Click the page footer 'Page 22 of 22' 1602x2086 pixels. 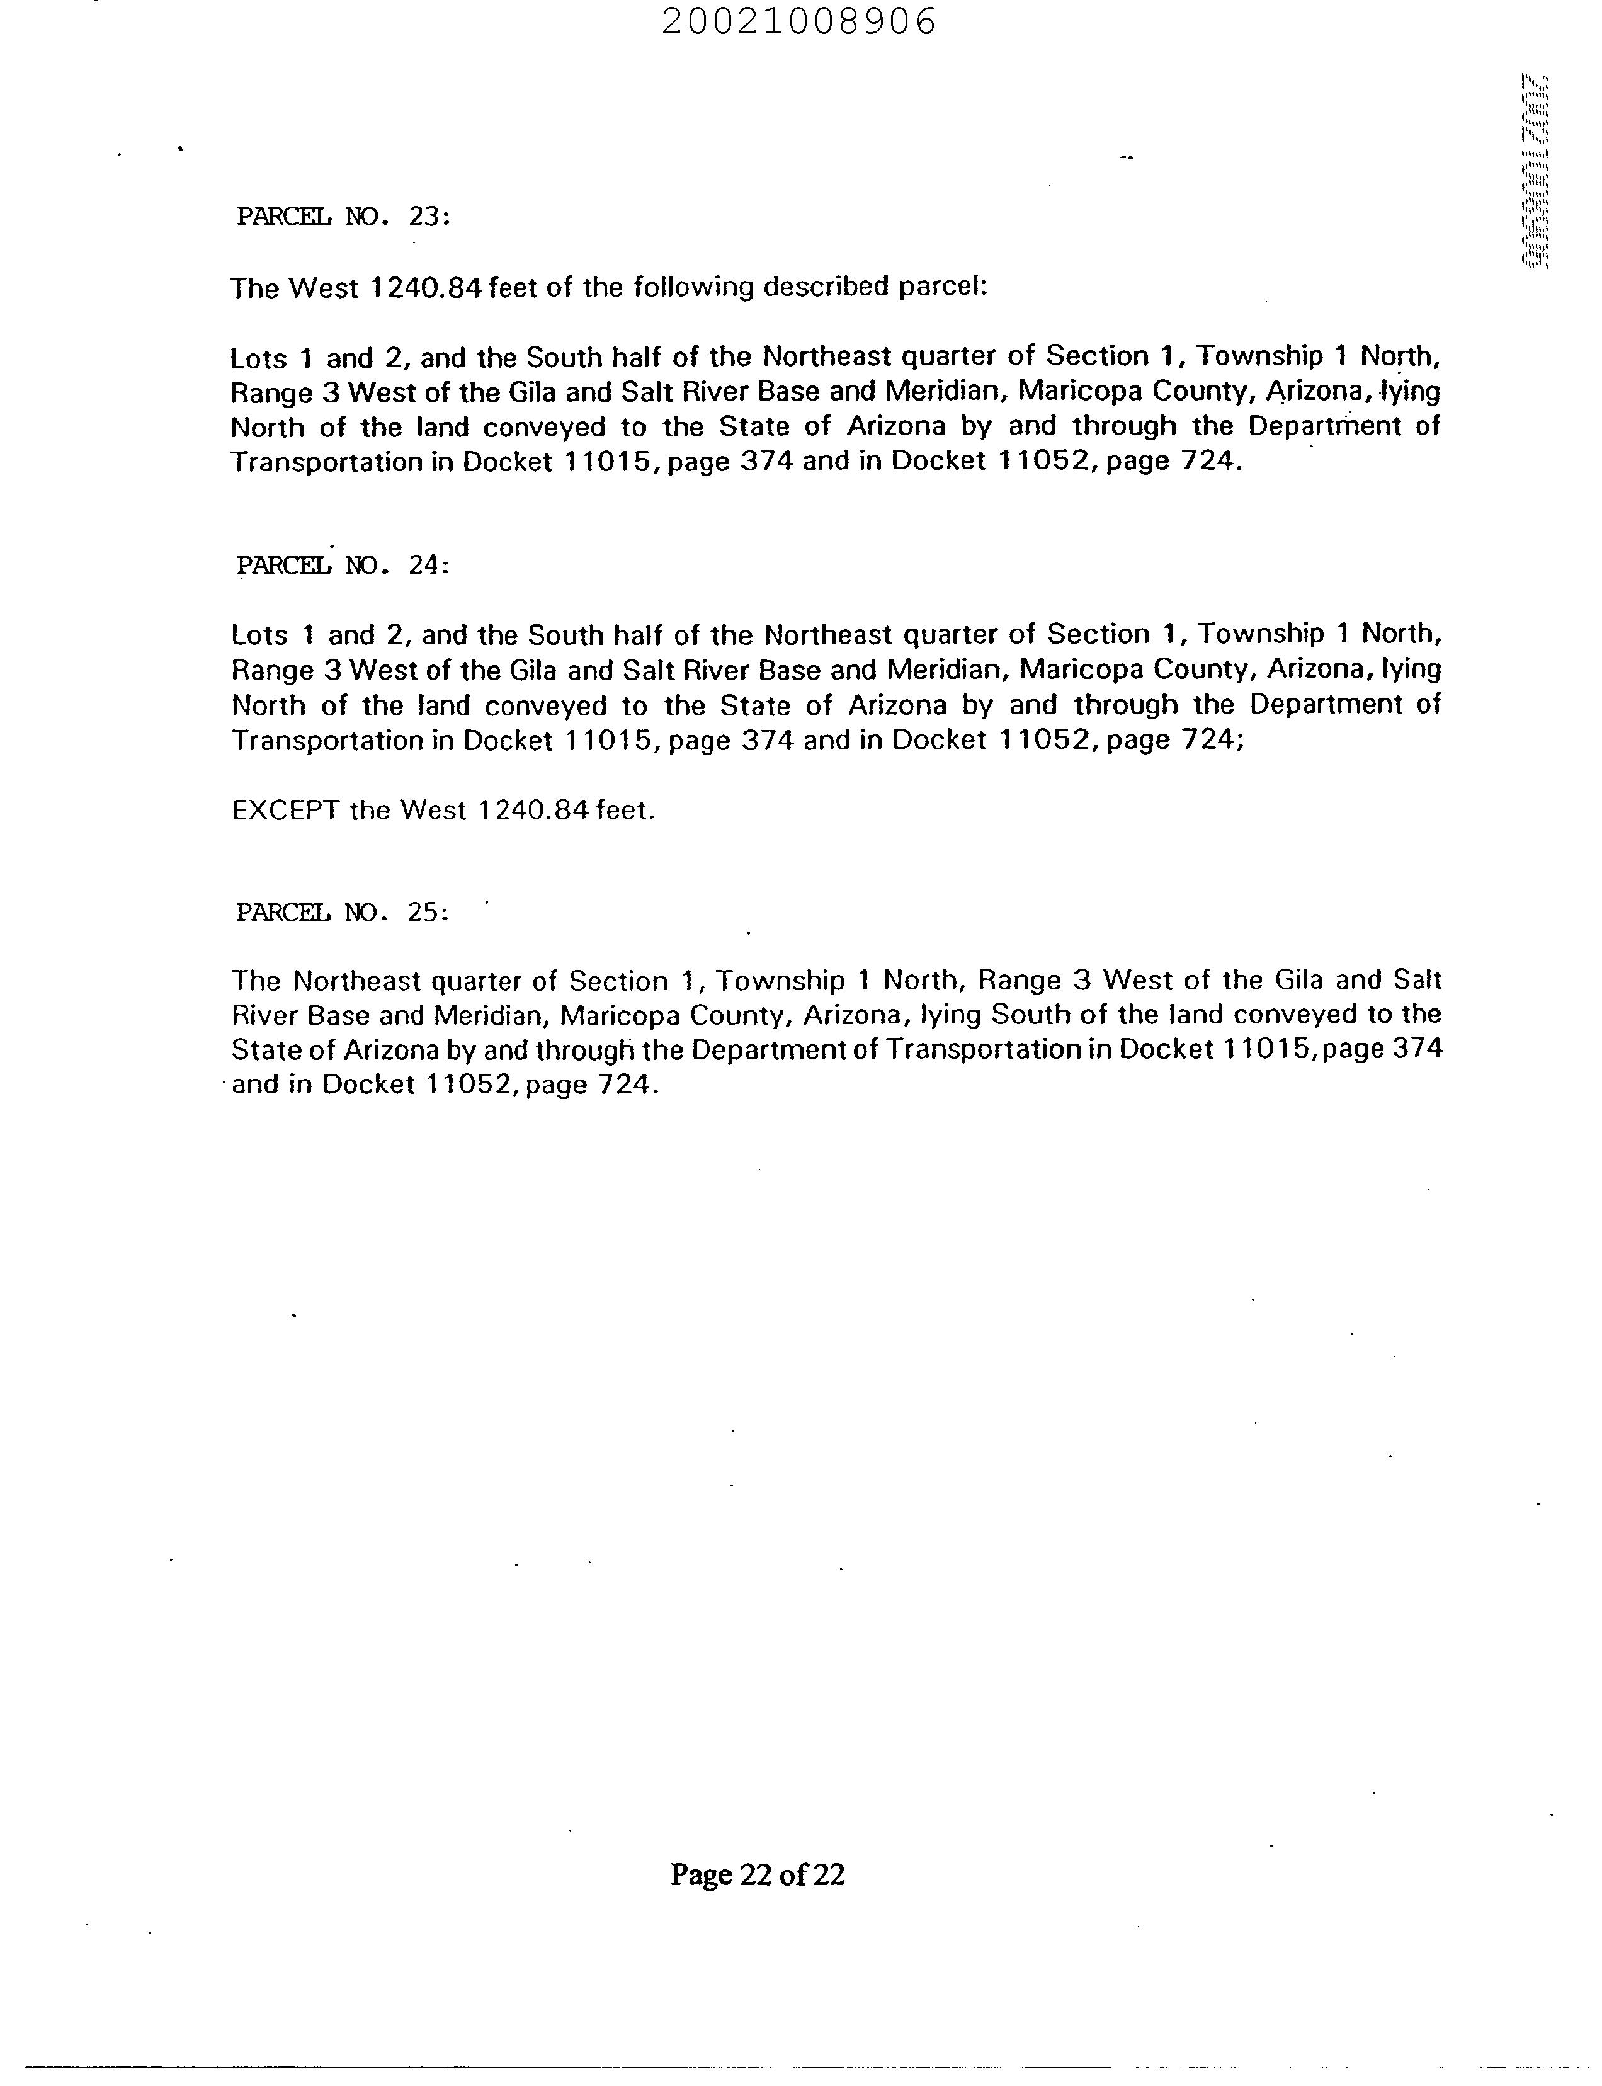[x=757, y=1874]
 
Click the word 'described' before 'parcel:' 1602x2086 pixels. [x=827, y=287]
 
